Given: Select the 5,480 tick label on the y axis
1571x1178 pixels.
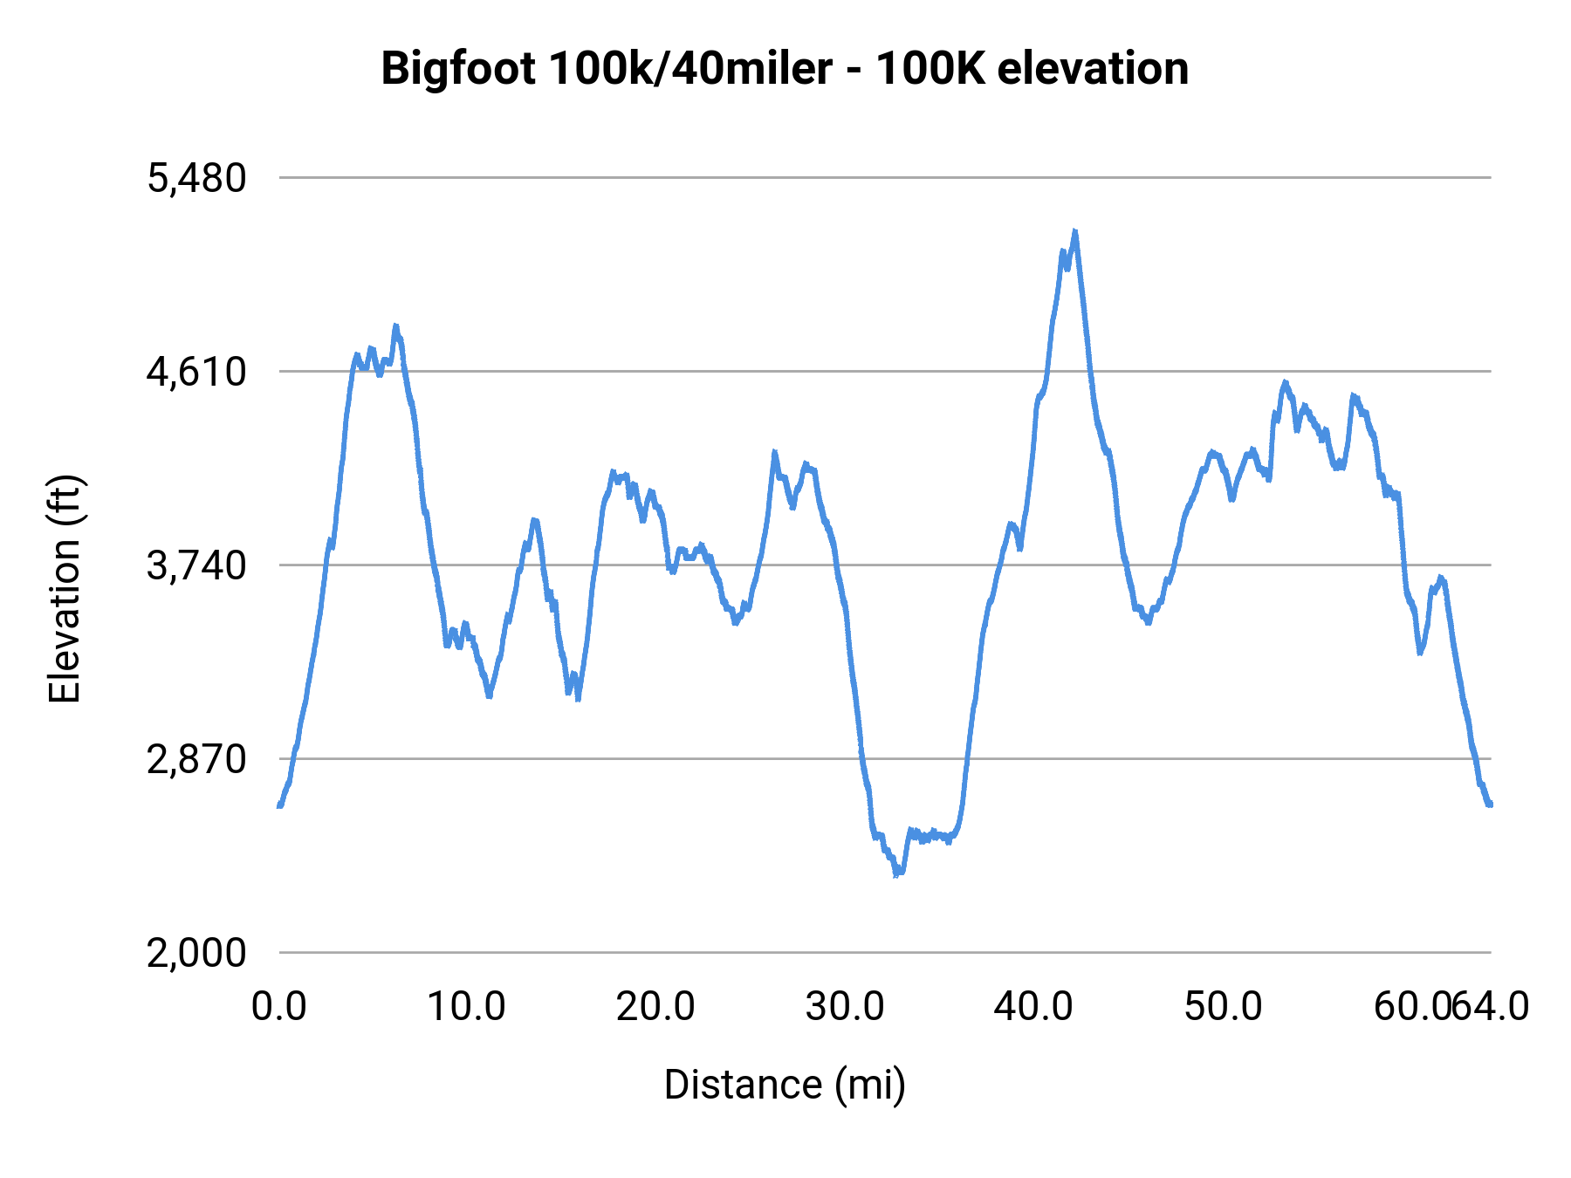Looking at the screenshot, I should [197, 179].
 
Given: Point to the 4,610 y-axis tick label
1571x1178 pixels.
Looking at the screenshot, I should [197, 373].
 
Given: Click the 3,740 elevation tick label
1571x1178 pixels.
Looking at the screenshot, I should [197, 566].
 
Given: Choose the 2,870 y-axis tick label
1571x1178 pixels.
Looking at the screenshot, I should [197, 760].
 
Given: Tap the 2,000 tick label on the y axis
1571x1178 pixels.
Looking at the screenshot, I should [197, 954].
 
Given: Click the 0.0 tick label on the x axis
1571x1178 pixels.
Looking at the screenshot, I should [279, 1007].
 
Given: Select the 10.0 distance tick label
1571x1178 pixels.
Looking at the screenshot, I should [466, 1007].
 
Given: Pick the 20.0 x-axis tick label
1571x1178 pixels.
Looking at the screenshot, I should [655, 1007].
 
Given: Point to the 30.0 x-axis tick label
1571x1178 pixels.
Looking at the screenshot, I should [845, 1007].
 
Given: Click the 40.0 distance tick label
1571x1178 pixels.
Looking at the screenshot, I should [1033, 1007].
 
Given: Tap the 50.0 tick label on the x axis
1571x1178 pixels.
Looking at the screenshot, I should [1223, 1007].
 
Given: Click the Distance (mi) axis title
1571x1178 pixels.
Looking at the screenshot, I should [785, 1085].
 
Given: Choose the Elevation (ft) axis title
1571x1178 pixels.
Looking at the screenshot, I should [65, 589].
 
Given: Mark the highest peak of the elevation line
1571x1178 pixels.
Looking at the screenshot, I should [1074, 232].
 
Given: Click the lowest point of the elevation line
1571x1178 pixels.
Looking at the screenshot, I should [896, 873].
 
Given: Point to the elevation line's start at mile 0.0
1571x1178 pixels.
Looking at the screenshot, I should [279, 805].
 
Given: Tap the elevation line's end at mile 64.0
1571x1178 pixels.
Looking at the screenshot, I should [1490, 804].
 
